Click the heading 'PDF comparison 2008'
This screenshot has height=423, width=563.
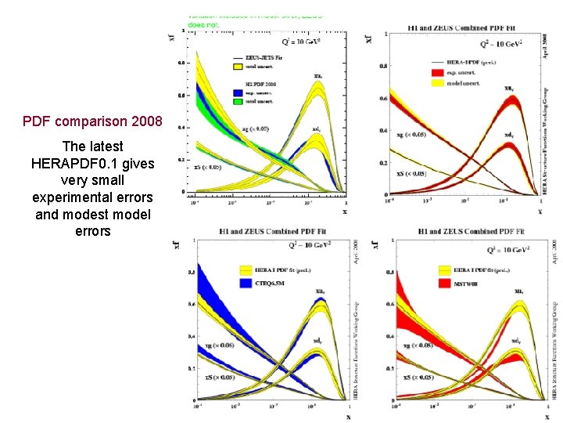coord(92,121)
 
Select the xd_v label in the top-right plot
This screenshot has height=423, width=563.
coord(507,135)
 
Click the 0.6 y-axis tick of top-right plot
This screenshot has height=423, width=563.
coord(382,99)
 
